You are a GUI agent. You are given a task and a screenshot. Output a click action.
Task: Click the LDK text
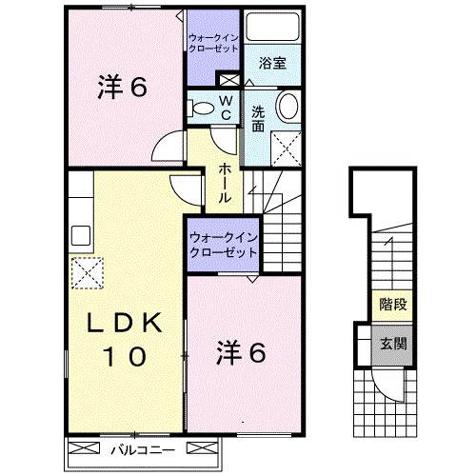[123, 323]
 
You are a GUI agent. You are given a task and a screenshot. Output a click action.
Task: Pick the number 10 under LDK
[125, 357]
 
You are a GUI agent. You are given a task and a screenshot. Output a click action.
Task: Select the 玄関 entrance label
[389, 345]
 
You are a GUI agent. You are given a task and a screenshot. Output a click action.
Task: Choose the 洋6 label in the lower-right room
[242, 352]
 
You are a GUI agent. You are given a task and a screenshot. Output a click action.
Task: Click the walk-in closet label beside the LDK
[223, 244]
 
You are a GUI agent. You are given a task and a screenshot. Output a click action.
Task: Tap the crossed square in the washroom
[284, 148]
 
